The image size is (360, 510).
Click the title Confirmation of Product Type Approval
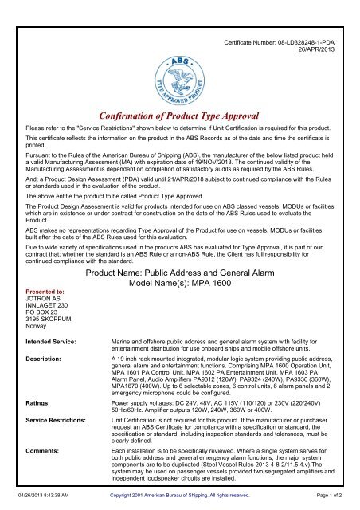(x=180, y=115)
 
